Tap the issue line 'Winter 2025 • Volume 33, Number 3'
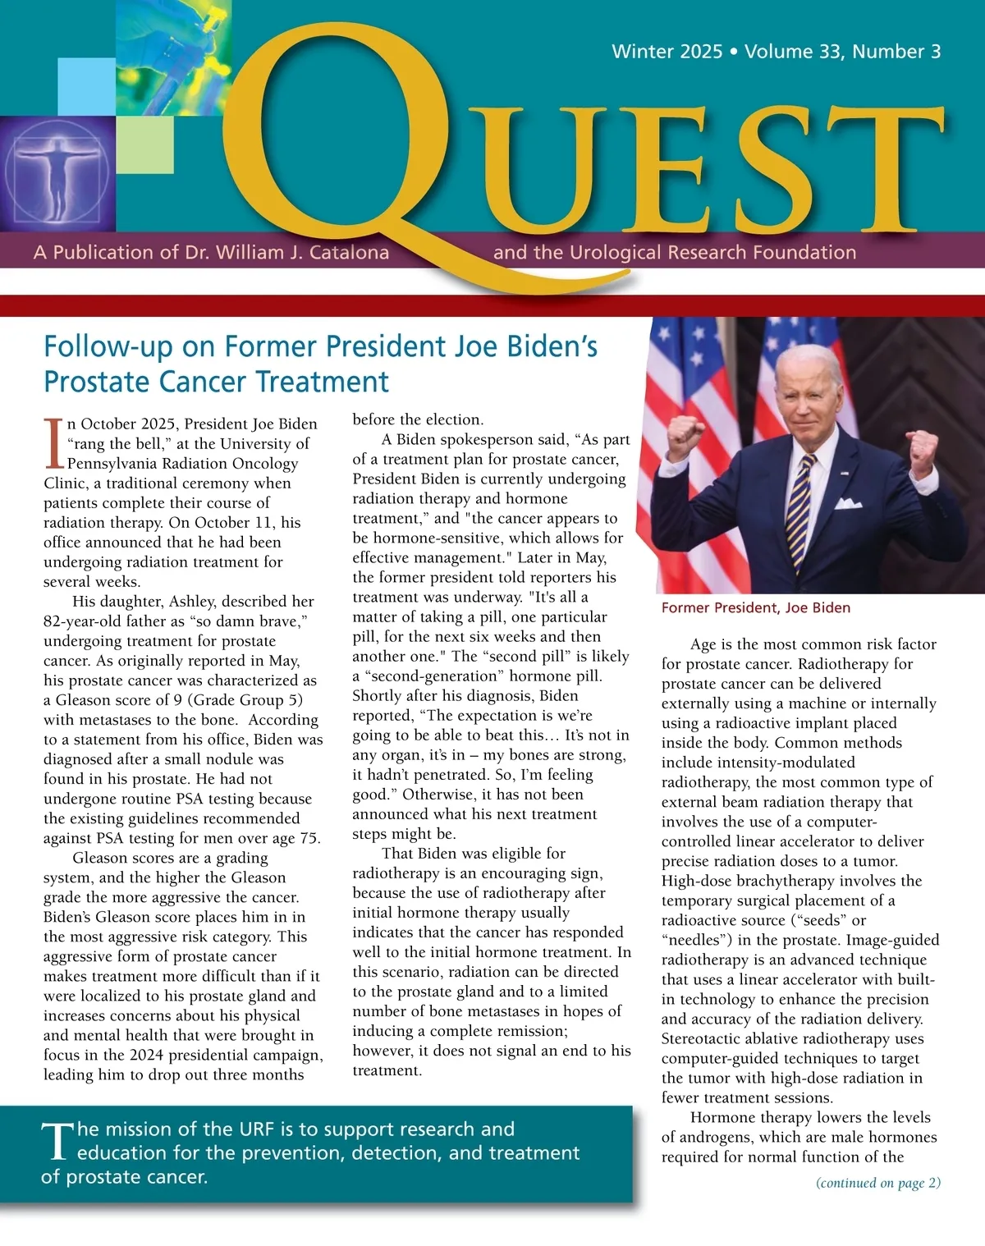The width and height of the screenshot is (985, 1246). coord(776,52)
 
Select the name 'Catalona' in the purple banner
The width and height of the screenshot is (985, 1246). coord(350,252)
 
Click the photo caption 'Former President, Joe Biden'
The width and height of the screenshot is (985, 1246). coord(755,607)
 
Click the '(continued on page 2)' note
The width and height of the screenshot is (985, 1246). coord(878,1183)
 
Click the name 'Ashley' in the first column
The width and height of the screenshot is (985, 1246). coord(194,602)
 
